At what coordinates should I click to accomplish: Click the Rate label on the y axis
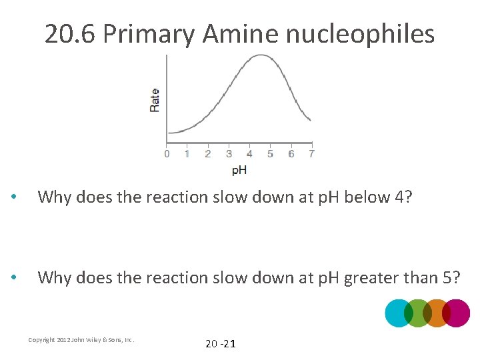[155, 99]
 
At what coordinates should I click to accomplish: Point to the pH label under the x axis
[239, 170]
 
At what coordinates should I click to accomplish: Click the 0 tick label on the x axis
[167, 154]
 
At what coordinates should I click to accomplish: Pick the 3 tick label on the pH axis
[229, 154]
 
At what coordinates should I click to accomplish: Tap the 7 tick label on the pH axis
[311, 154]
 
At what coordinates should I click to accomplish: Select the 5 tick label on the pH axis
[270, 154]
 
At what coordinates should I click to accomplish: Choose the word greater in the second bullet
[371, 278]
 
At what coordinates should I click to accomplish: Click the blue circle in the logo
[398, 313]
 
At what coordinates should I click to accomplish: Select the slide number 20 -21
[220, 344]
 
